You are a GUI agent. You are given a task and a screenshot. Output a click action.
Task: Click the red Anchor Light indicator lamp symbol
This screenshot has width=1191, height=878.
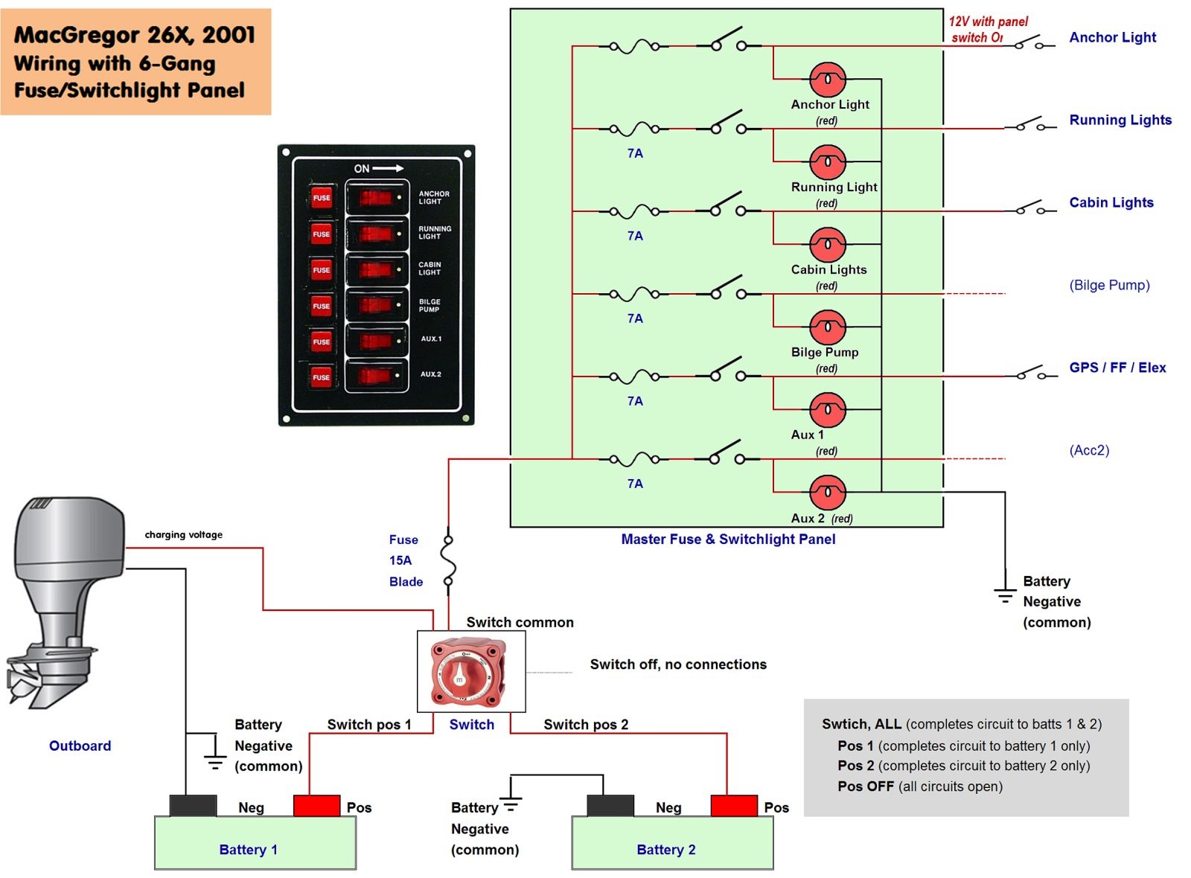tap(827, 79)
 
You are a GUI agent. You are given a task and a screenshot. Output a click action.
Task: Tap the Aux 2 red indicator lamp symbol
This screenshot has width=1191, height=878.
tap(827, 492)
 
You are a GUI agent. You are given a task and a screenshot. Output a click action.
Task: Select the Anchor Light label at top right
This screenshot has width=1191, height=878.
tap(1112, 37)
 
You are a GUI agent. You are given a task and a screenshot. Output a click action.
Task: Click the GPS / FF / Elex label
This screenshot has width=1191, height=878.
tap(1117, 368)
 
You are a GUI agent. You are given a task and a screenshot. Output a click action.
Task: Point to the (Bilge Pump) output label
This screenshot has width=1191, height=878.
tap(1109, 285)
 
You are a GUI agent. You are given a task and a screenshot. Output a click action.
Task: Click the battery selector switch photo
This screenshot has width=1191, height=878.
tap(469, 672)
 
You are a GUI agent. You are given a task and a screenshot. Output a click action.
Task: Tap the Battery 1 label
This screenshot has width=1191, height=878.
tap(248, 850)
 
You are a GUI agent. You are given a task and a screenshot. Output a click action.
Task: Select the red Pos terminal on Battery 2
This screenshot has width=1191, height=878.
tap(733, 806)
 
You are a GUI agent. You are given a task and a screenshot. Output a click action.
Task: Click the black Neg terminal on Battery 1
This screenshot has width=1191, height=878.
tap(193, 806)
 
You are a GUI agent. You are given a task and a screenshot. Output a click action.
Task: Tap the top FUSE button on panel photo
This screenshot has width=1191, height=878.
tap(321, 198)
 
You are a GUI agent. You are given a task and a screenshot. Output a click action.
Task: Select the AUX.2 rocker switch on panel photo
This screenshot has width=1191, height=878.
tap(377, 376)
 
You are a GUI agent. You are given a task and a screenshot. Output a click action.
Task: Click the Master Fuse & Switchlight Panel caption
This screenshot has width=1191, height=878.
tap(728, 539)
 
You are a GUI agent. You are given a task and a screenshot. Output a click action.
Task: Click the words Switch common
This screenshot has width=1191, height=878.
tap(520, 622)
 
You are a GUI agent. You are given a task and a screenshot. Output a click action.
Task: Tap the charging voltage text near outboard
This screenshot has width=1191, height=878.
tap(183, 534)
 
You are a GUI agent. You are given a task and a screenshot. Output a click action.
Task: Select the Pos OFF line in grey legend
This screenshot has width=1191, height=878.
tap(919, 786)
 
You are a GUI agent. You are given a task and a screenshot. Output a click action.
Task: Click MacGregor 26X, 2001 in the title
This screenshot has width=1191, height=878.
tap(134, 35)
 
